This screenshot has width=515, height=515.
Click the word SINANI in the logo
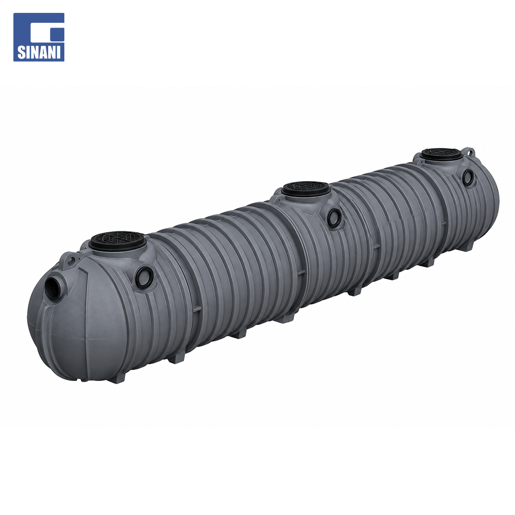pos(39,52)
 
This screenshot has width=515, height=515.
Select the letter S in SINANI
pos(21,52)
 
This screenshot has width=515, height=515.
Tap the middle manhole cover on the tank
pos(306,188)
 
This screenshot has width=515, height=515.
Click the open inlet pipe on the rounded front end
pos(54,288)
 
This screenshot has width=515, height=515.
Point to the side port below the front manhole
pos(144,277)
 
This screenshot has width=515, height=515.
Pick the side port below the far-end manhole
pos(468,178)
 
